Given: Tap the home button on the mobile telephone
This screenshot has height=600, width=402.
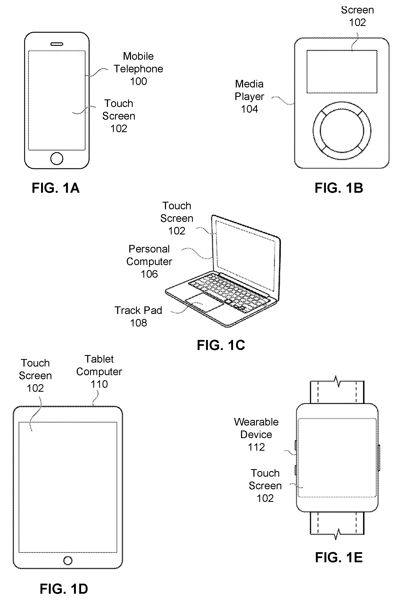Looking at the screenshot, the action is click(57, 159).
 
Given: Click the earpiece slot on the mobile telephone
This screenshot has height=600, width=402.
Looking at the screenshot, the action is click(57, 44).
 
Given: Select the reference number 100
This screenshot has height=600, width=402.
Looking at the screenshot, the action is click(139, 81).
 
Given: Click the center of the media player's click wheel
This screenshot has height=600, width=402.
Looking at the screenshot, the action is click(342, 131).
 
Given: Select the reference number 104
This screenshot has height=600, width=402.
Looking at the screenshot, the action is click(249, 109).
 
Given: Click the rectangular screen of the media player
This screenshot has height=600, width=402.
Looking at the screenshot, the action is click(342, 72).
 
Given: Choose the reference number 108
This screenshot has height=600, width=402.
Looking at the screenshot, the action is click(139, 323).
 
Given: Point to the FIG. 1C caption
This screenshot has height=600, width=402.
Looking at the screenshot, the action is click(221, 345).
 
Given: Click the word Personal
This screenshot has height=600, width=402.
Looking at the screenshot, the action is click(149, 249).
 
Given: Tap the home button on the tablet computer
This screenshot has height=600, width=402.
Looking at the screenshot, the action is click(68, 561).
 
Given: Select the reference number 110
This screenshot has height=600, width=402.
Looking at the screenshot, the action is click(99, 384).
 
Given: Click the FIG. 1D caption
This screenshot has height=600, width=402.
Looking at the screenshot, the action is click(64, 589).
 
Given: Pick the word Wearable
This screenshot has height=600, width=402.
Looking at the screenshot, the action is click(256, 422).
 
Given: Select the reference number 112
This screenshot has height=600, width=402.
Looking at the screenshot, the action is click(256, 447).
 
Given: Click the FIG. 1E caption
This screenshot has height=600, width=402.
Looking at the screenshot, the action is click(339, 557).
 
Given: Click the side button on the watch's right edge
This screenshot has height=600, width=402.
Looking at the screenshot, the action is click(379, 458).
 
